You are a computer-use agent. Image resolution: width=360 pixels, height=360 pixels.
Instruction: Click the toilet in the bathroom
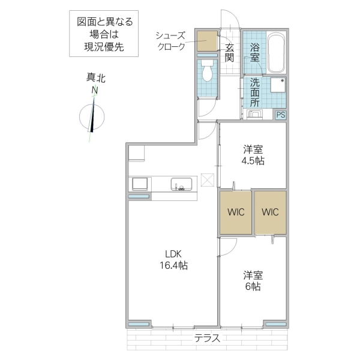click(208, 72)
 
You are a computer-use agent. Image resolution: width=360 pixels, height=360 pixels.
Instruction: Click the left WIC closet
click(235, 212)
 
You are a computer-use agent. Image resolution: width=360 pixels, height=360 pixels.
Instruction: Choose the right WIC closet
click(270, 212)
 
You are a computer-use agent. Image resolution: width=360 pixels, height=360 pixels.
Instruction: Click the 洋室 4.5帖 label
click(253, 154)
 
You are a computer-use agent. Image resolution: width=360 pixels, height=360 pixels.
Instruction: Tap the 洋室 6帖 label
click(252, 280)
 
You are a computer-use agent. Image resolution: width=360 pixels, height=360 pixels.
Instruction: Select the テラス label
click(206, 338)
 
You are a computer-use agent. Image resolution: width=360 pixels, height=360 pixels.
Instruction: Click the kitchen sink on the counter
click(181, 183)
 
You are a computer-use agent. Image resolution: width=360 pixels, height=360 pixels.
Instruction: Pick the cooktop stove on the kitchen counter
click(140, 183)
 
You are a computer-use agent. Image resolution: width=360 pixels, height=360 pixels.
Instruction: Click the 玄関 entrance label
click(229, 52)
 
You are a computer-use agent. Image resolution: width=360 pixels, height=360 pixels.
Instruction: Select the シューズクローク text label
click(170, 40)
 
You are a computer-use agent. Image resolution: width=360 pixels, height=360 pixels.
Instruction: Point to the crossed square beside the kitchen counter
click(208, 179)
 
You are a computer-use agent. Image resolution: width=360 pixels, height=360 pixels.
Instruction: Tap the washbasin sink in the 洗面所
click(254, 114)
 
